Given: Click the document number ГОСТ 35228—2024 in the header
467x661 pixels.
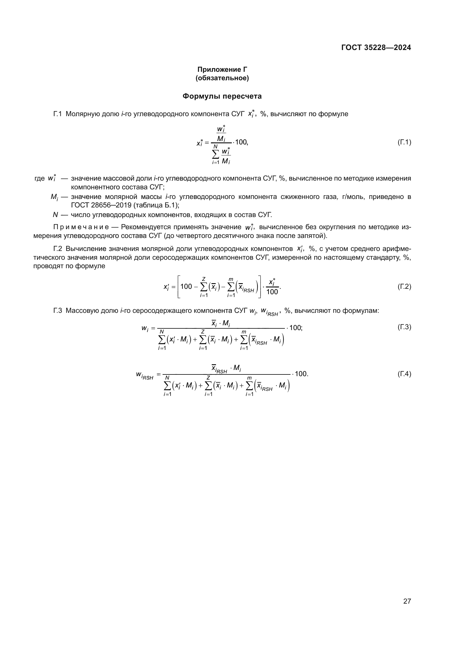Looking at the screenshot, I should (x=376, y=48).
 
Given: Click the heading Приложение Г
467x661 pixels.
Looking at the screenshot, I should (x=222, y=70).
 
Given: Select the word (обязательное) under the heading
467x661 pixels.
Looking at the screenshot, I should (x=222, y=78).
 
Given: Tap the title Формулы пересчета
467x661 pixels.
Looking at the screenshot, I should (x=222, y=96).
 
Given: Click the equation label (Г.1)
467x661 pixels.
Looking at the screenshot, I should (x=404, y=142).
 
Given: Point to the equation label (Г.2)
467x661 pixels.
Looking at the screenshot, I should (x=404, y=287).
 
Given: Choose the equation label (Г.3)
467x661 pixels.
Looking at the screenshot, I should (x=404, y=327).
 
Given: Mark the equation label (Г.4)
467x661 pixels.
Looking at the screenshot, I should (x=404, y=374).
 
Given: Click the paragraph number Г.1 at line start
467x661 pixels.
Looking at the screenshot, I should (x=58, y=114).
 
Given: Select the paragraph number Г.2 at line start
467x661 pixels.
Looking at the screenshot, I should (x=58, y=249).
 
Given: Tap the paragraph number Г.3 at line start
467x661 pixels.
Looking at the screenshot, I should (x=58, y=311).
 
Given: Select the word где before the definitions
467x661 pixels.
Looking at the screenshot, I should (x=40, y=179).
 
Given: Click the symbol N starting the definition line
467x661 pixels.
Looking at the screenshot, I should (x=55, y=215).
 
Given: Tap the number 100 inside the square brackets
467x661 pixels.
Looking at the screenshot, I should (x=186, y=287).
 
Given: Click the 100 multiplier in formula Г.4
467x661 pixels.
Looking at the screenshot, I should (x=301, y=374).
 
